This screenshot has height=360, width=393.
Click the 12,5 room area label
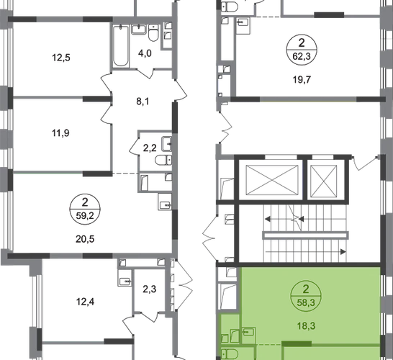61,58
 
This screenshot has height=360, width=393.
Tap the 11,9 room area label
60,133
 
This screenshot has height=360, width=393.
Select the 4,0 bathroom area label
145,53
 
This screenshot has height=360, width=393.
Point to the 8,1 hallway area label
143,102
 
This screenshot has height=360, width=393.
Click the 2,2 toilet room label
150,148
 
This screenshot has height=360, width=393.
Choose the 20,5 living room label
85,239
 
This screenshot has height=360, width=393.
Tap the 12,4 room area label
85,302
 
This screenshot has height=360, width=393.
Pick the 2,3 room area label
150,289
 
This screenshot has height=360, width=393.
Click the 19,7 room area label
302,80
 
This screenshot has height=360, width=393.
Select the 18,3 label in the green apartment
307,326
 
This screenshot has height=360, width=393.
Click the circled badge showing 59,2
85,209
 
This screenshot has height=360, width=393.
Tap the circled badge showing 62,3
302,50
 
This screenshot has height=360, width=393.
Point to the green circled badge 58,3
306,296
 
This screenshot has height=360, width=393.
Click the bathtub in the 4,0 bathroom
121,46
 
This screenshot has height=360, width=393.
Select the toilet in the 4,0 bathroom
153,32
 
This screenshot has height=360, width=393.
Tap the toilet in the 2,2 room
163,160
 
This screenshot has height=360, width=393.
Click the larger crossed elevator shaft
272,180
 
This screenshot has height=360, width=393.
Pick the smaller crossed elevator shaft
324,181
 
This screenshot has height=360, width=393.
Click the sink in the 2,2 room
167,144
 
